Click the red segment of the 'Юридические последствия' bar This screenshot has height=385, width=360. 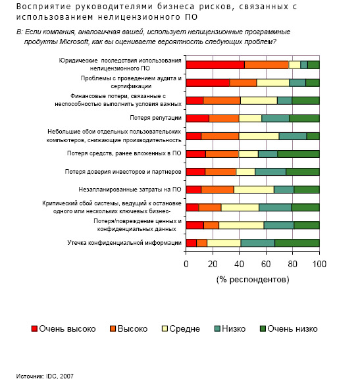click(x=215, y=64)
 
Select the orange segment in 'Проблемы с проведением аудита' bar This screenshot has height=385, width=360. click(x=243, y=83)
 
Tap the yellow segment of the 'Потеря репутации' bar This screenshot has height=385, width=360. click(x=250, y=118)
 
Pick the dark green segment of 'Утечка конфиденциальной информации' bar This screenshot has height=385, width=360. click(x=297, y=243)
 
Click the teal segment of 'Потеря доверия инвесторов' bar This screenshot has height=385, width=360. click(x=270, y=172)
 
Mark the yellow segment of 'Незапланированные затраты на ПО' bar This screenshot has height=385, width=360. click(x=254, y=190)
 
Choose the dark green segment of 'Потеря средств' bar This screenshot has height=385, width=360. click(x=298, y=154)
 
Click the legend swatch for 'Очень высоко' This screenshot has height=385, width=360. click(x=34, y=328)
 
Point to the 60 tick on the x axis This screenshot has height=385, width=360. click(x=266, y=251)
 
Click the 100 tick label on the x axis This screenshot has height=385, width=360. click(x=319, y=264)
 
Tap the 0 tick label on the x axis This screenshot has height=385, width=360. click(x=186, y=264)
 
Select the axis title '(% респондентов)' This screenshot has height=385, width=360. click(x=253, y=280)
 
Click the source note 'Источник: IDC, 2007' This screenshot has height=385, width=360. click(x=45, y=376)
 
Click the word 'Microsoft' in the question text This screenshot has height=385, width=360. click(x=74, y=41)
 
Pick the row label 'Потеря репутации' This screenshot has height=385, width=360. click(x=156, y=118)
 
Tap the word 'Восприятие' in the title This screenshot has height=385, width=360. click(x=43, y=7)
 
